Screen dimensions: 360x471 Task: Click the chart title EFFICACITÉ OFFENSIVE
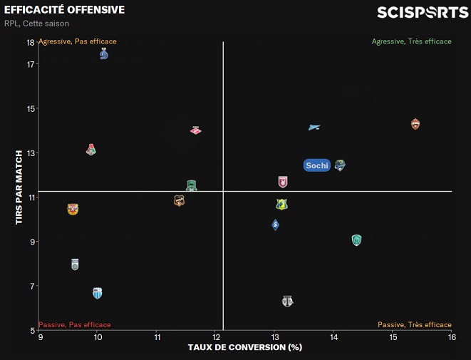coord(64,10)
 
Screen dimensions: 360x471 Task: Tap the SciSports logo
coord(423,12)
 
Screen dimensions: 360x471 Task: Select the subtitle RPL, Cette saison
coord(36,24)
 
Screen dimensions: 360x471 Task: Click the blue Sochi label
coord(317,165)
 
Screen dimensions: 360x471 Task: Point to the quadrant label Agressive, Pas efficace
coord(78,41)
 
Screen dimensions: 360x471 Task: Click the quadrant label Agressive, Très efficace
coord(411,41)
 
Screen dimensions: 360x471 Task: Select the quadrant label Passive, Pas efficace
coord(74,325)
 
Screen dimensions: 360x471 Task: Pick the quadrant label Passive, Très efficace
coord(414,325)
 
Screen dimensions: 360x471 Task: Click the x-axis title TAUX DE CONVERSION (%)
coord(245,348)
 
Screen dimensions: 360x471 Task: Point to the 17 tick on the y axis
coord(31,64)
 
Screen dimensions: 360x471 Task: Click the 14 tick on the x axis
coord(333,337)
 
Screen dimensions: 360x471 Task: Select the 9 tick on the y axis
coord(33,242)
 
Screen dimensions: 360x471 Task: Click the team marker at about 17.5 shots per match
coord(104,54)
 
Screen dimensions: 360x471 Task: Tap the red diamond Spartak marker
coord(196,130)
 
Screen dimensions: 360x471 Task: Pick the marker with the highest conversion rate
coord(416,124)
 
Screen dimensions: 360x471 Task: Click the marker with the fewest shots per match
coord(287,301)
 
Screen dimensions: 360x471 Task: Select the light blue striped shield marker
coord(98,293)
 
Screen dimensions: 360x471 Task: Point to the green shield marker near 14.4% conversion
coord(356,240)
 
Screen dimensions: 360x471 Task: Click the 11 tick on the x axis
coord(157,337)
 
